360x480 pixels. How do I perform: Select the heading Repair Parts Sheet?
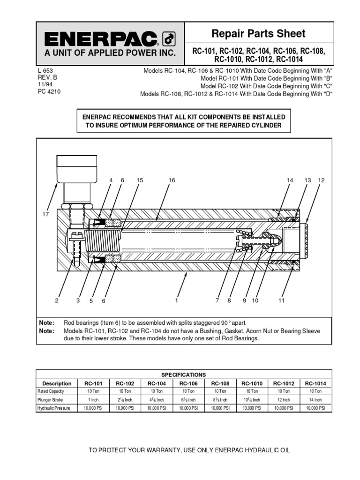258,34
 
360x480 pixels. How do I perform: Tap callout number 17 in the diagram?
46,214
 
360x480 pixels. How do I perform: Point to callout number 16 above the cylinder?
172,180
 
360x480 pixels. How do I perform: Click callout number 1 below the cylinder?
177,301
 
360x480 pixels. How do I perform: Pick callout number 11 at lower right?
281,301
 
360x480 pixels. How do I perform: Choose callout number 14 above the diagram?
290,180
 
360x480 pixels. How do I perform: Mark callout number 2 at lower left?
57,301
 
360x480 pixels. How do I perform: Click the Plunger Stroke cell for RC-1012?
284,400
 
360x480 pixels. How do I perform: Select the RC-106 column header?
188,383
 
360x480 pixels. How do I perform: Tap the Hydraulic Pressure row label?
54,408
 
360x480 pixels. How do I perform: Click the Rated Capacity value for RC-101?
93,391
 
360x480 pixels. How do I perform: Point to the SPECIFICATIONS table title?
184,375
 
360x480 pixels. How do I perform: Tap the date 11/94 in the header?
44,84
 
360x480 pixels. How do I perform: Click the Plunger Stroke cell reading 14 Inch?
315,400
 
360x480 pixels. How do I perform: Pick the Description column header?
57,383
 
